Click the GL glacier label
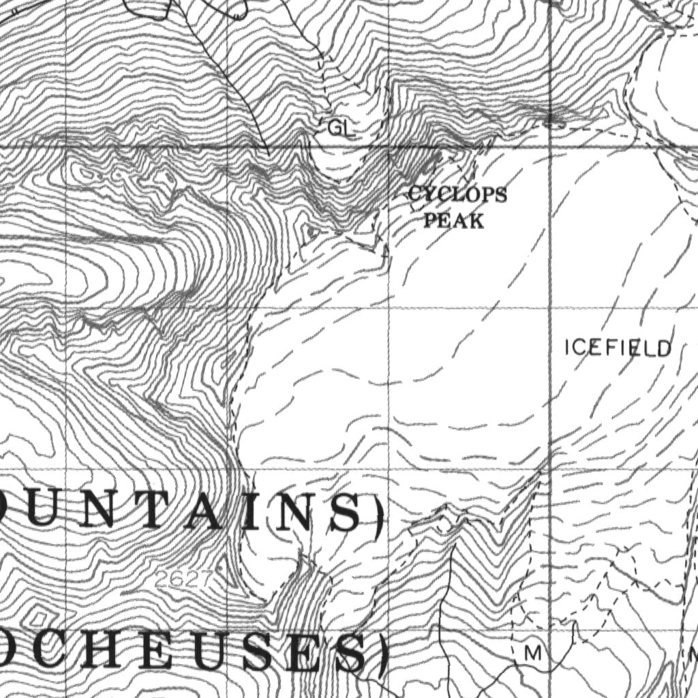click(341, 127)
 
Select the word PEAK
click(454, 221)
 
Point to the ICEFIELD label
click(618, 348)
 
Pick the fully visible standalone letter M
click(534, 654)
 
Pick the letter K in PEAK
click(476, 221)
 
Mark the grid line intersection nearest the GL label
click(389, 147)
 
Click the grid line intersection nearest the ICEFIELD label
click(551, 308)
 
